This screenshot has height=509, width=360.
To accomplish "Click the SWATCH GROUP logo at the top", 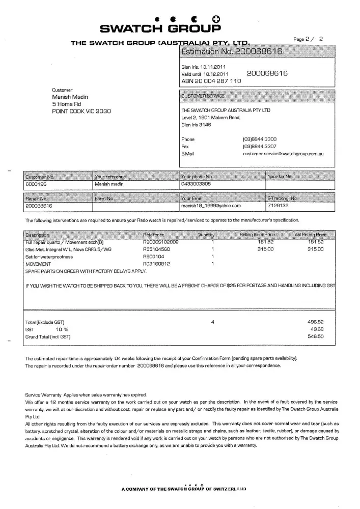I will (160, 22).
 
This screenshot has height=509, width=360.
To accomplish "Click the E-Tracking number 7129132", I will (278, 206).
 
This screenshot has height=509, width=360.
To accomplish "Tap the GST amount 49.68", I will (317, 329).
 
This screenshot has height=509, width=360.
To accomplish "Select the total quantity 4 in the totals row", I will (212, 322).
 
